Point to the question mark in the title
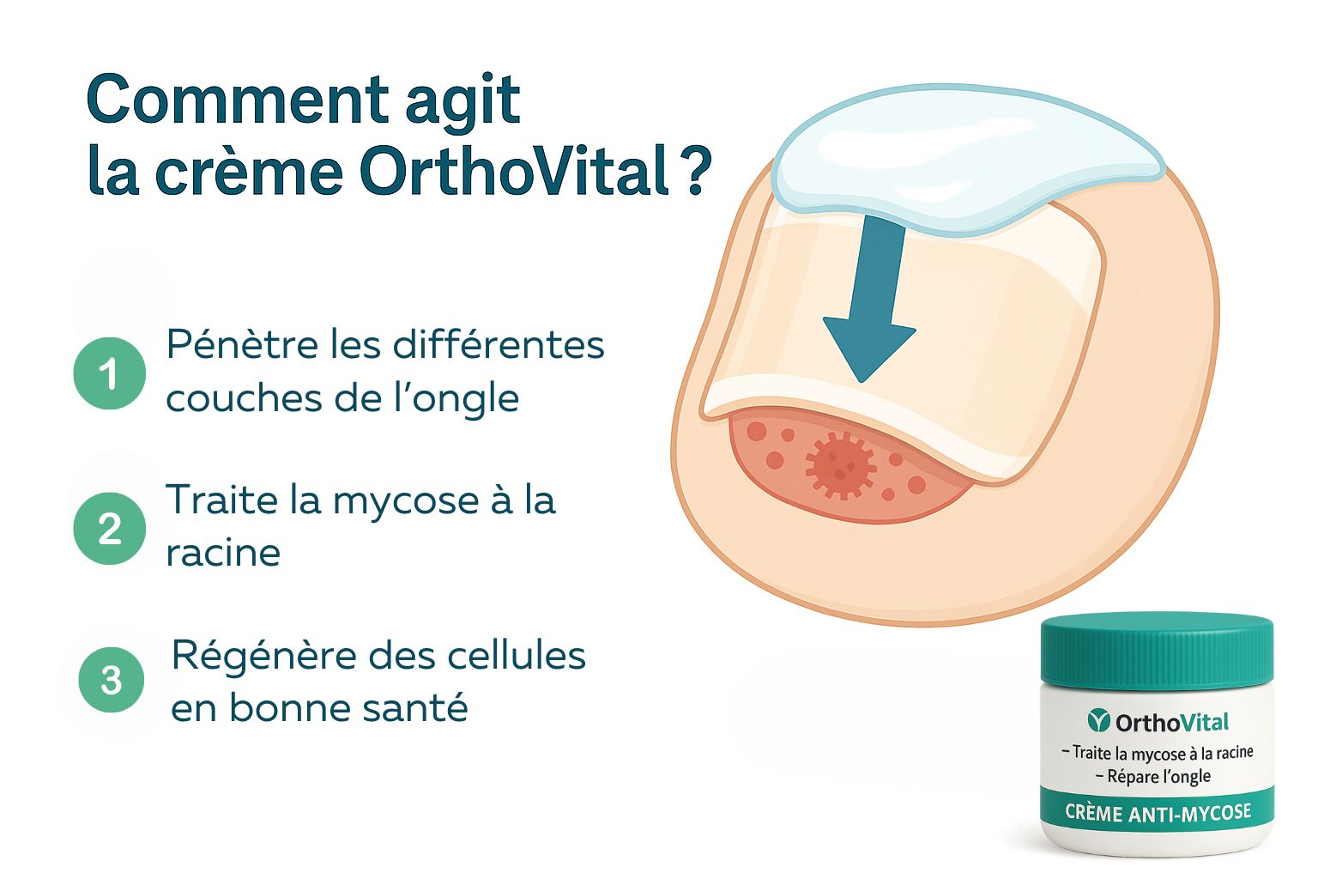[698, 170]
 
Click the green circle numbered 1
[110, 373]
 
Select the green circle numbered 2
[110, 528]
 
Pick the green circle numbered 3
[112, 680]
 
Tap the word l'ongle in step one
[454, 400]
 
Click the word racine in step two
[224, 554]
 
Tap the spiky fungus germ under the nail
[841, 465]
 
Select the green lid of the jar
[1157, 652]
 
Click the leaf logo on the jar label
[1098, 721]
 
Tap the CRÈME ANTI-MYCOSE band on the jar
[1158, 812]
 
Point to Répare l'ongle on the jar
[1153, 777]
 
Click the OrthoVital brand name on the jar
[1172, 723]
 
